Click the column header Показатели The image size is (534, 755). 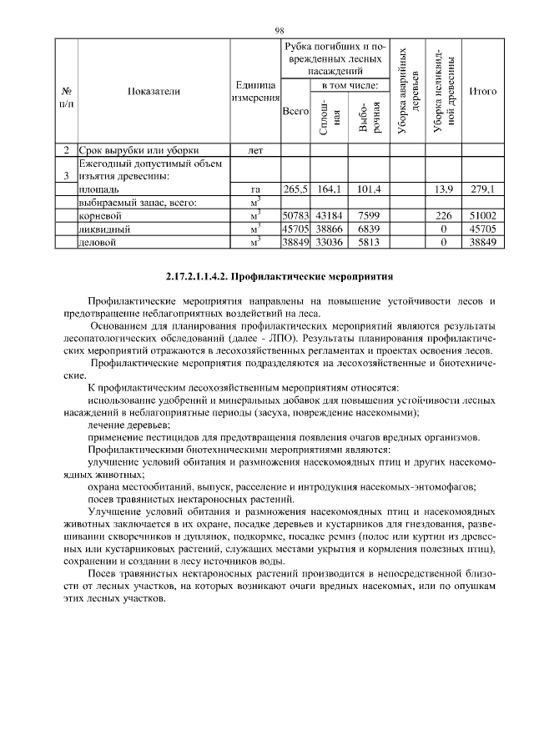click(154, 92)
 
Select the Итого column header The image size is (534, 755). click(483, 91)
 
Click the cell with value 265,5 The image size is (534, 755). click(295, 189)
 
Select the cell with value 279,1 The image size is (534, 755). click(483, 189)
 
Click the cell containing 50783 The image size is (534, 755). click(295, 215)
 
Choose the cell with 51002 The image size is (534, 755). click(483, 215)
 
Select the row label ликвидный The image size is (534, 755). click(98, 229)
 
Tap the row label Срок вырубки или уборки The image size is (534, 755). click(125, 151)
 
